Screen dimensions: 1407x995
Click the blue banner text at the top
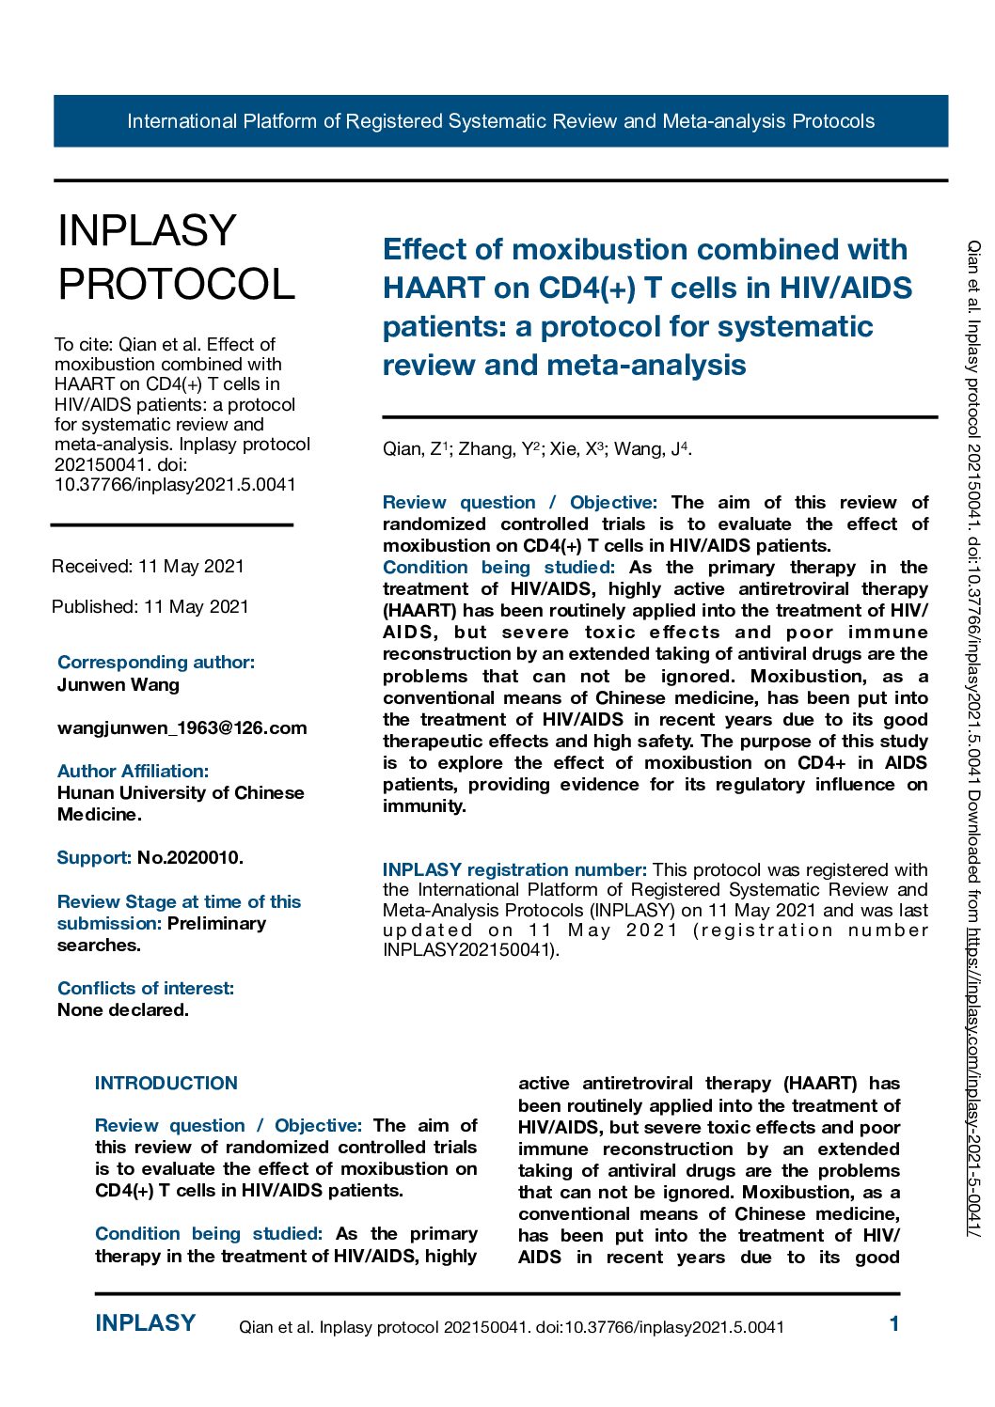pyautogui.click(x=500, y=121)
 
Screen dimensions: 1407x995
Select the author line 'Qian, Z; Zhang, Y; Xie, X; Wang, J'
pyautogui.click(x=537, y=449)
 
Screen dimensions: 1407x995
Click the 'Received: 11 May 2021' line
pyautogui.click(x=148, y=567)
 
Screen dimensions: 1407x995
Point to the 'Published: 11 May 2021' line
pyautogui.click(x=150, y=607)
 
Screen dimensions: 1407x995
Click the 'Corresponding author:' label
pyautogui.click(x=156, y=663)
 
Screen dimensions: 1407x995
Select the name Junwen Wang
pyautogui.click(x=118, y=685)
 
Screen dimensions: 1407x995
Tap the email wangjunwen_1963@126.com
pyautogui.click(x=182, y=728)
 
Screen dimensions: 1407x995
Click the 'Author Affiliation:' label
pyautogui.click(x=133, y=772)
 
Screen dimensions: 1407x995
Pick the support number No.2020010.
pyautogui.click(x=190, y=858)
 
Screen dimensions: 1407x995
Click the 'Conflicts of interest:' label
pyautogui.click(x=146, y=989)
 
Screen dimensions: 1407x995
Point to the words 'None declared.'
pyautogui.click(x=122, y=1010)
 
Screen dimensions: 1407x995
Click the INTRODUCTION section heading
pyautogui.click(x=166, y=1084)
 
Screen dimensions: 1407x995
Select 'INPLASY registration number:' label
pyautogui.click(x=514, y=870)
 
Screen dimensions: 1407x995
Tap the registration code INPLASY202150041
pyautogui.click(x=468, y=950)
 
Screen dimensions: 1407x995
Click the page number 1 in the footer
pyautogui.click(x=894, y=1324)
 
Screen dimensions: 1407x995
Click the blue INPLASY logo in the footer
pyautogui.click(x=145, y=1323)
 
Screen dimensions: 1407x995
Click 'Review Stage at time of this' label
pyautogui.click(x=179, y=902)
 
